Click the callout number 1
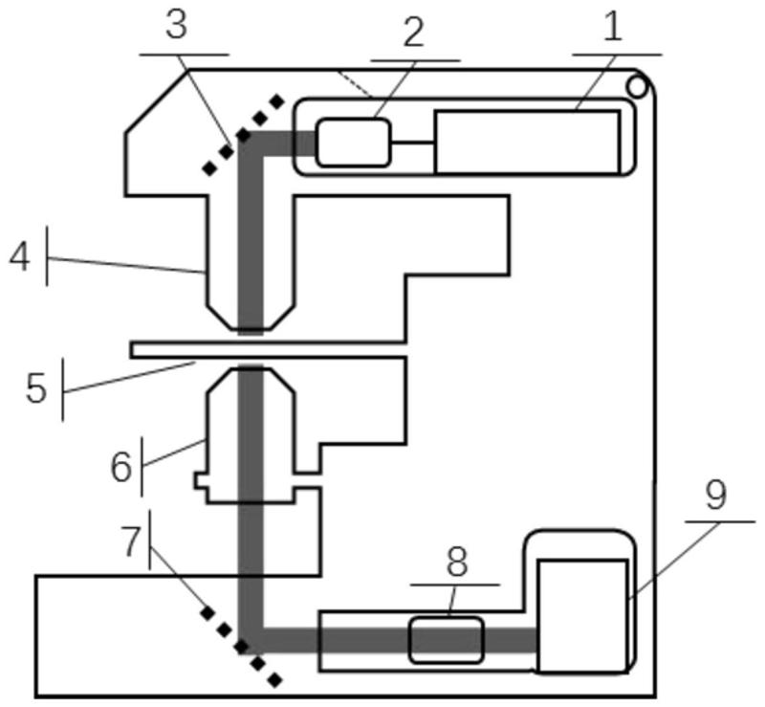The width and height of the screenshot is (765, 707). point(613,27)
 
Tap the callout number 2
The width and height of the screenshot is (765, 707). point(413,33)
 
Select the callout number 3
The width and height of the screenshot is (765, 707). point(176,25)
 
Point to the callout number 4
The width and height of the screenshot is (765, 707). point(20,257)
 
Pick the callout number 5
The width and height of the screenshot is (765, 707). point(36,388)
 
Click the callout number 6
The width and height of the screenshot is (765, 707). point(121,467)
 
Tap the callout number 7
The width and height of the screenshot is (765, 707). point(132,541)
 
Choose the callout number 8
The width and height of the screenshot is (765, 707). point(457,562)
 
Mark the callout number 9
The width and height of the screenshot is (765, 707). point(715,495)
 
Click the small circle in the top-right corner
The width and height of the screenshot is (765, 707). point(637,87)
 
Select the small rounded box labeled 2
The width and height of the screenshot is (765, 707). point(354,143)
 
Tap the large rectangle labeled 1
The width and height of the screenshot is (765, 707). point(528,143)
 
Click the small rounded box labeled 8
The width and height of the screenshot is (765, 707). point(447,640)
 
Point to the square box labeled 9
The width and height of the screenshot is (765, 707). point(582,616)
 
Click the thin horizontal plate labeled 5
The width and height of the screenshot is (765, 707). point(268,349)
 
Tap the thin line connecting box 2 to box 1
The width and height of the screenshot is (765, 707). point(412,143)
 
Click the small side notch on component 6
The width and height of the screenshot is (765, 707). point(201,480)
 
